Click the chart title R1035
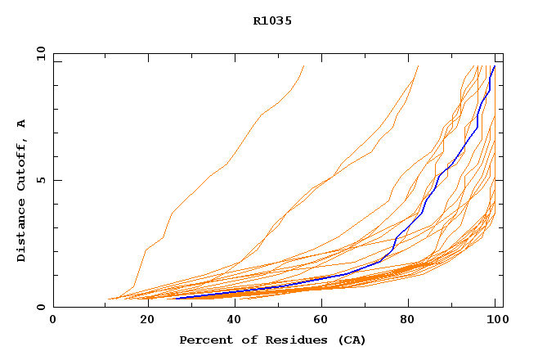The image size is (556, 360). click(x=272, y=21)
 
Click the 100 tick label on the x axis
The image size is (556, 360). click(x=495, y=321)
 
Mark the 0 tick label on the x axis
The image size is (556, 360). click(x=53, y=321)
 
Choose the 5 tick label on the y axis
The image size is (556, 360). click(x=40, y=180)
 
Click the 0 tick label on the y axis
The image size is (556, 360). click(x=40, y=307)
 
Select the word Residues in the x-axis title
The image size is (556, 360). click(x=287, y=340)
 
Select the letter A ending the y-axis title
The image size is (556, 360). click(x=21, y=124)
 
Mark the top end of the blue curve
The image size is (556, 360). click(x=494, y=66)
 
